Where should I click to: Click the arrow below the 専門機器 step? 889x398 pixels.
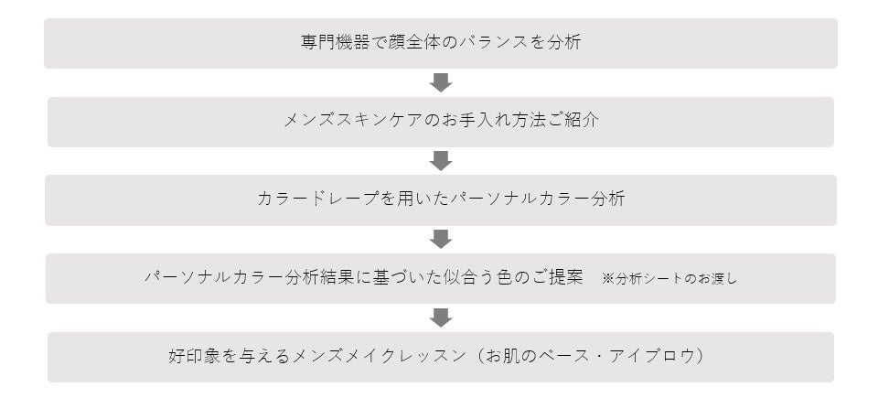pyautogui.click(x=441, y=82)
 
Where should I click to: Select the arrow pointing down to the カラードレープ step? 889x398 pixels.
pyautogui.click(x=441, y=161)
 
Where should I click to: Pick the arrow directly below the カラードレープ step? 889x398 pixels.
pyautogui.click(x=441, y=239)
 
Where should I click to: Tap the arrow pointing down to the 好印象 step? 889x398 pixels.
pyautogui.click(x=441, y=317)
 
